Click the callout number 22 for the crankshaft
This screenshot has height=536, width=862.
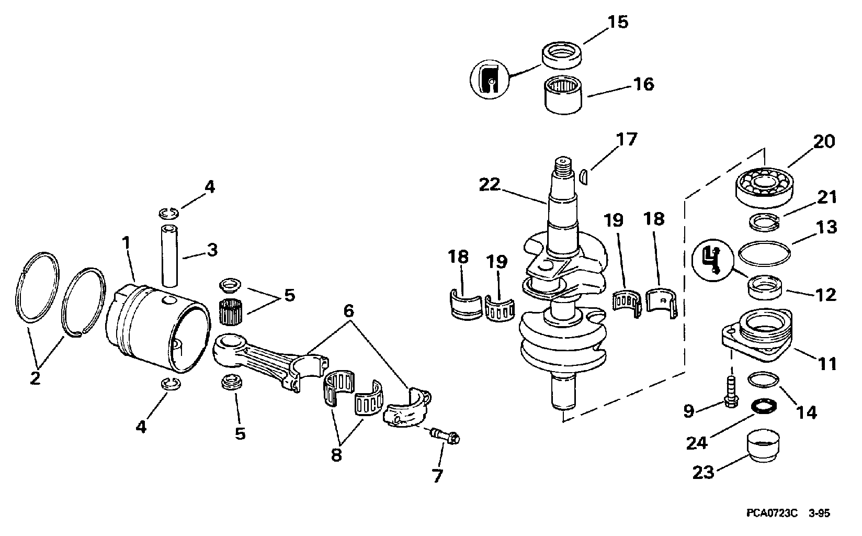(x=490, y=185)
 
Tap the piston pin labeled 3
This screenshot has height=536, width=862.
(x=169, y=255)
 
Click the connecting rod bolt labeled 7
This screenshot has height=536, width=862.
(x=445, y=436)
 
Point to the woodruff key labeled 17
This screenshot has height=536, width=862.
(x=583, y=176)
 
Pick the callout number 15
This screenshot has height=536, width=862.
(x=618, y=22)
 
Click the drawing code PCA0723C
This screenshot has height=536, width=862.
(x=772, y=513)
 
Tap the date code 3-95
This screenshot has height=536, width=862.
(x=819, y=513)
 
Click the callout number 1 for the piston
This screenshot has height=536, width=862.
(x=126, y=243)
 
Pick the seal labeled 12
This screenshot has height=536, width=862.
(x=765, y=287)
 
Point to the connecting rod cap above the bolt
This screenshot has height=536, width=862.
(x=408, y=410)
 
